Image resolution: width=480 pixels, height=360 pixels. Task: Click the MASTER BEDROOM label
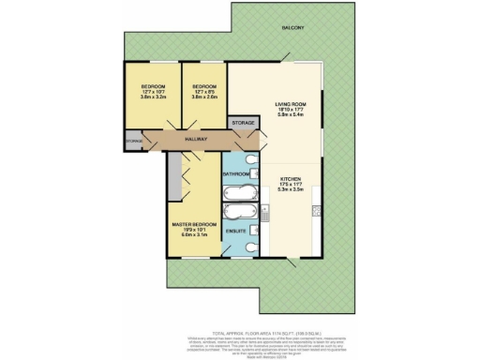pos(194,225)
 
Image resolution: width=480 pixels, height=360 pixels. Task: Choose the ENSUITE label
pos(236,231)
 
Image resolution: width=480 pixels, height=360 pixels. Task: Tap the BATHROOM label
pos(236,174)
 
